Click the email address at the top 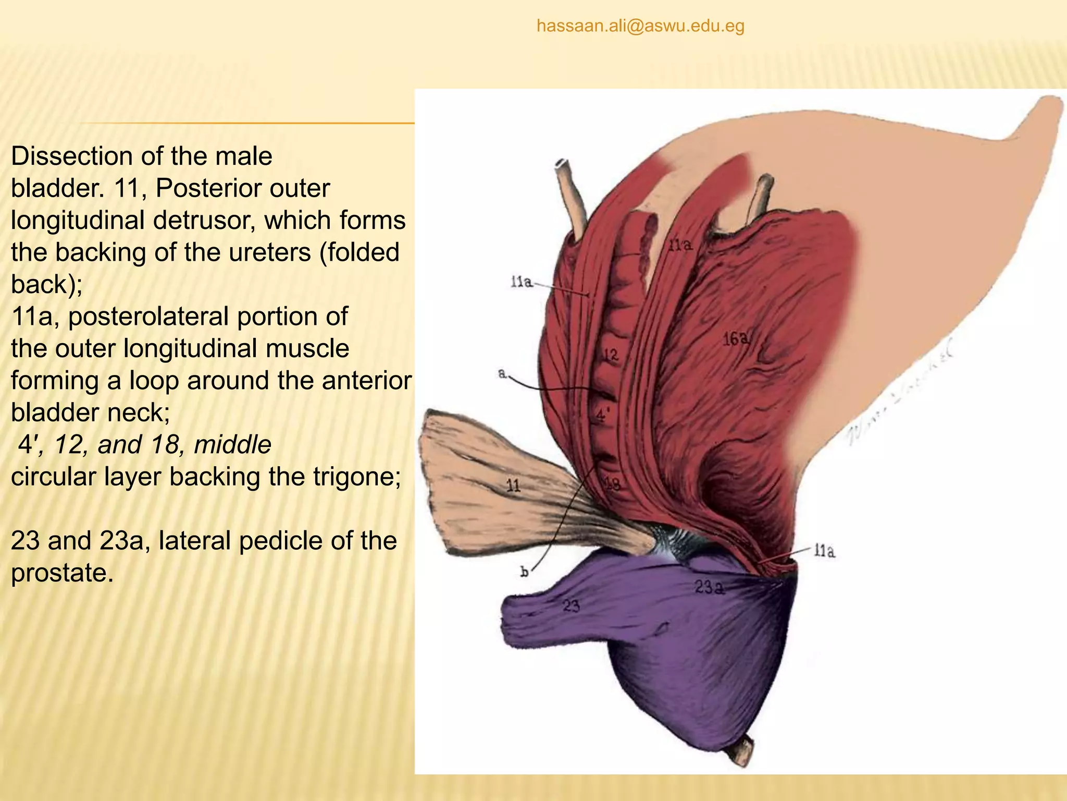[x=640, y=26]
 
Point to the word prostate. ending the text [x=62, y=573]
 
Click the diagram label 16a [x=736, y=339]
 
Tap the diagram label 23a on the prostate [x=709, y=588]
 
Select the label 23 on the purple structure [x=571, y=606]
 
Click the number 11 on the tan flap [x=514, y=486]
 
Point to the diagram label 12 [x=611, y=356]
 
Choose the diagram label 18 [x=612, y=484]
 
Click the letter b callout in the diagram [x=524, y=572]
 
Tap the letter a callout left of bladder [x=502, y=373]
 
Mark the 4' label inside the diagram [x=602, y=416]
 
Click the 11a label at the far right [x=824, y=551]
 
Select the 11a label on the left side [x=522, y=283]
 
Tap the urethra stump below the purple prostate [x=742, y=752]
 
